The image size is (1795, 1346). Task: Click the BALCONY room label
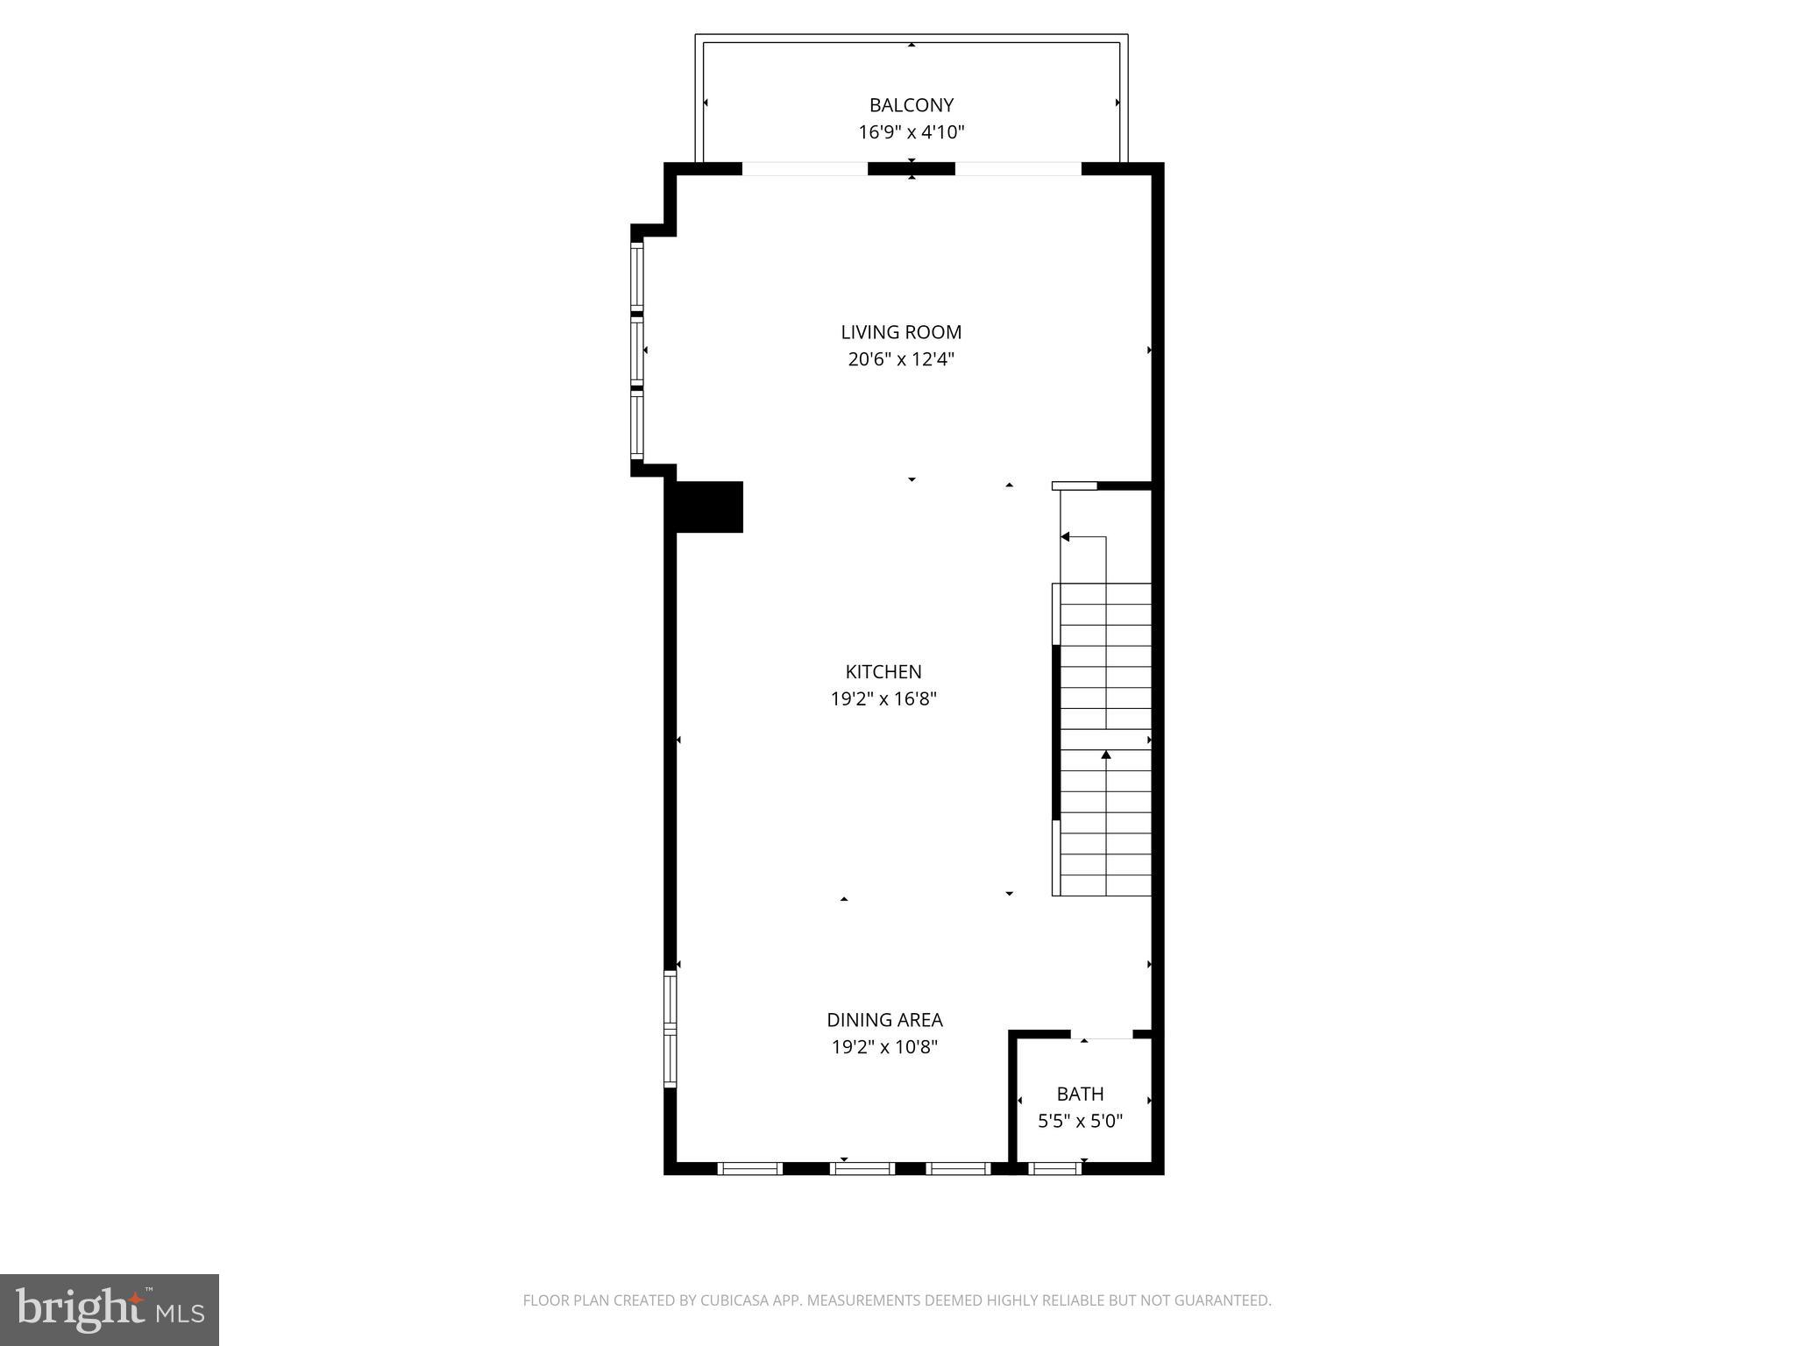[911, 105]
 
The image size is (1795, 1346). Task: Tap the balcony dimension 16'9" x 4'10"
[911, 132]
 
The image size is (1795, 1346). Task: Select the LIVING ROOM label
[901, 332]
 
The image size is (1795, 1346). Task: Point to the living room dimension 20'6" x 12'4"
[901, 359]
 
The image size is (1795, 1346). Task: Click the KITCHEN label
[883, 672]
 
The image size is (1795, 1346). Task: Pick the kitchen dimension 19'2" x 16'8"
[883, 699]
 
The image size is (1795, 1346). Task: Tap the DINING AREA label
[884, 1020]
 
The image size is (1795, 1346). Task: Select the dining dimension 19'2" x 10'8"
[884, 1047]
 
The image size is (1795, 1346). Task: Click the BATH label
[1080, 1094]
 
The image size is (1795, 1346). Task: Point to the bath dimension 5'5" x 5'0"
[1080, 1121]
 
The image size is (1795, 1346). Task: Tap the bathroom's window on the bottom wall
[1054, 1167]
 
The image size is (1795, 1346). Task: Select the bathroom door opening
[1102, 1036]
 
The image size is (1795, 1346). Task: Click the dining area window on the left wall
[670, 1029]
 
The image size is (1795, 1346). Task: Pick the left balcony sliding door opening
[805, 169]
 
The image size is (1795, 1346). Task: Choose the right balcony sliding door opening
[1018, 169]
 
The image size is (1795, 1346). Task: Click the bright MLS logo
[110, 1309]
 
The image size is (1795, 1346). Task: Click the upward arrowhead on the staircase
[1106, 754]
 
